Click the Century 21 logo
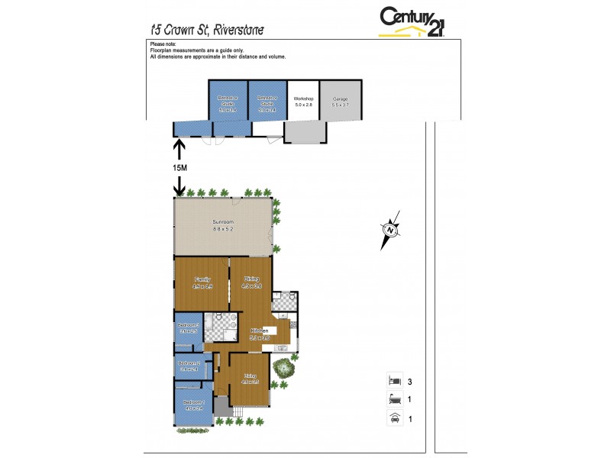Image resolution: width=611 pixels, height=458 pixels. [x=413, y=21]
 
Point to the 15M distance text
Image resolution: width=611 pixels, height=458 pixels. [x=179, y=167]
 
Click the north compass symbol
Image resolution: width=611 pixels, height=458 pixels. [x=390, y=228]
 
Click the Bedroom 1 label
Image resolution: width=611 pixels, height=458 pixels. [x=193, y=402]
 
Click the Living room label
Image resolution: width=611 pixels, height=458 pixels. [x=250, y=378]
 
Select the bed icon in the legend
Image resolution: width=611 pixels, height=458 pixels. [x=394, y=379]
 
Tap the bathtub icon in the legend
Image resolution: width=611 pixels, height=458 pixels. [x=394, y=398]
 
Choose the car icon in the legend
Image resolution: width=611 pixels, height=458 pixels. [x=394, y=417]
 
